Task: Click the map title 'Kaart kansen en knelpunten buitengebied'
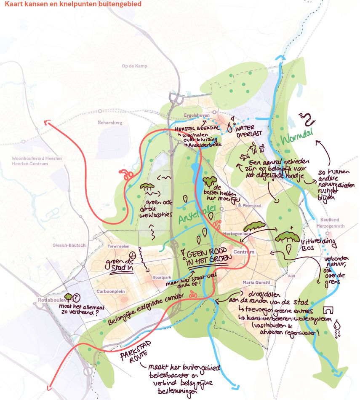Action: point(73,5)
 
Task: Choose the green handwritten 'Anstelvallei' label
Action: point(196,215)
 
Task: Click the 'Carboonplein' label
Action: point(111,291)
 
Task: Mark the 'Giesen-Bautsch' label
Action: point(69,245)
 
